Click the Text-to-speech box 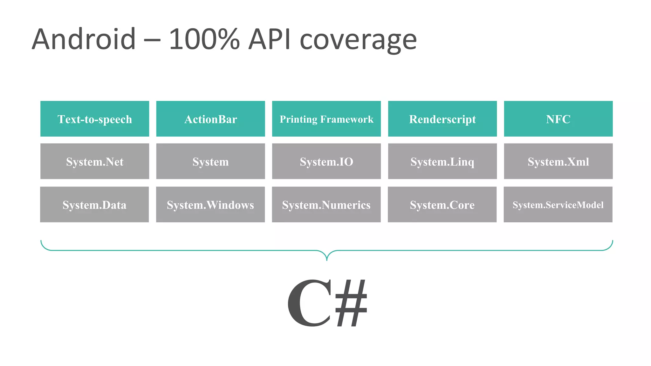pos(95,119)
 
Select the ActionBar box pos(210,119)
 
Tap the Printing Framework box pos(326,119)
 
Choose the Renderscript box pos(442,119)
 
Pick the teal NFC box pos(558,119)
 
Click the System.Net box pos(95,161)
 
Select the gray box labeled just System pos(210,161)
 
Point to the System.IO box pos(326,161)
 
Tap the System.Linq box pos(442,161)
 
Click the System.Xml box pos(558,161)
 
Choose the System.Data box pos(94,205)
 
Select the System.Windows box pos(210,205)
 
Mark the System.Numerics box pos(326,205)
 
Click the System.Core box pos(442,205)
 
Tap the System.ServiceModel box pos(558,205)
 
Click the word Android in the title pos(84,39)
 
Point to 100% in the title pos(204,39)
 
